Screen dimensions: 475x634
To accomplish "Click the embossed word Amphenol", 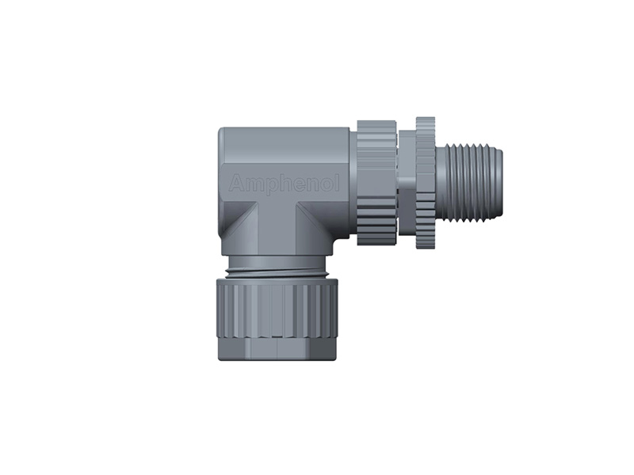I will point(284,184).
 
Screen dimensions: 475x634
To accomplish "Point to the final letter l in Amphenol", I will point(337,183).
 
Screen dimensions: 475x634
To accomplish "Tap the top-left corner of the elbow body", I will point(222,131).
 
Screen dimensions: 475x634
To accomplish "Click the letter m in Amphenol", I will point(250,184).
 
